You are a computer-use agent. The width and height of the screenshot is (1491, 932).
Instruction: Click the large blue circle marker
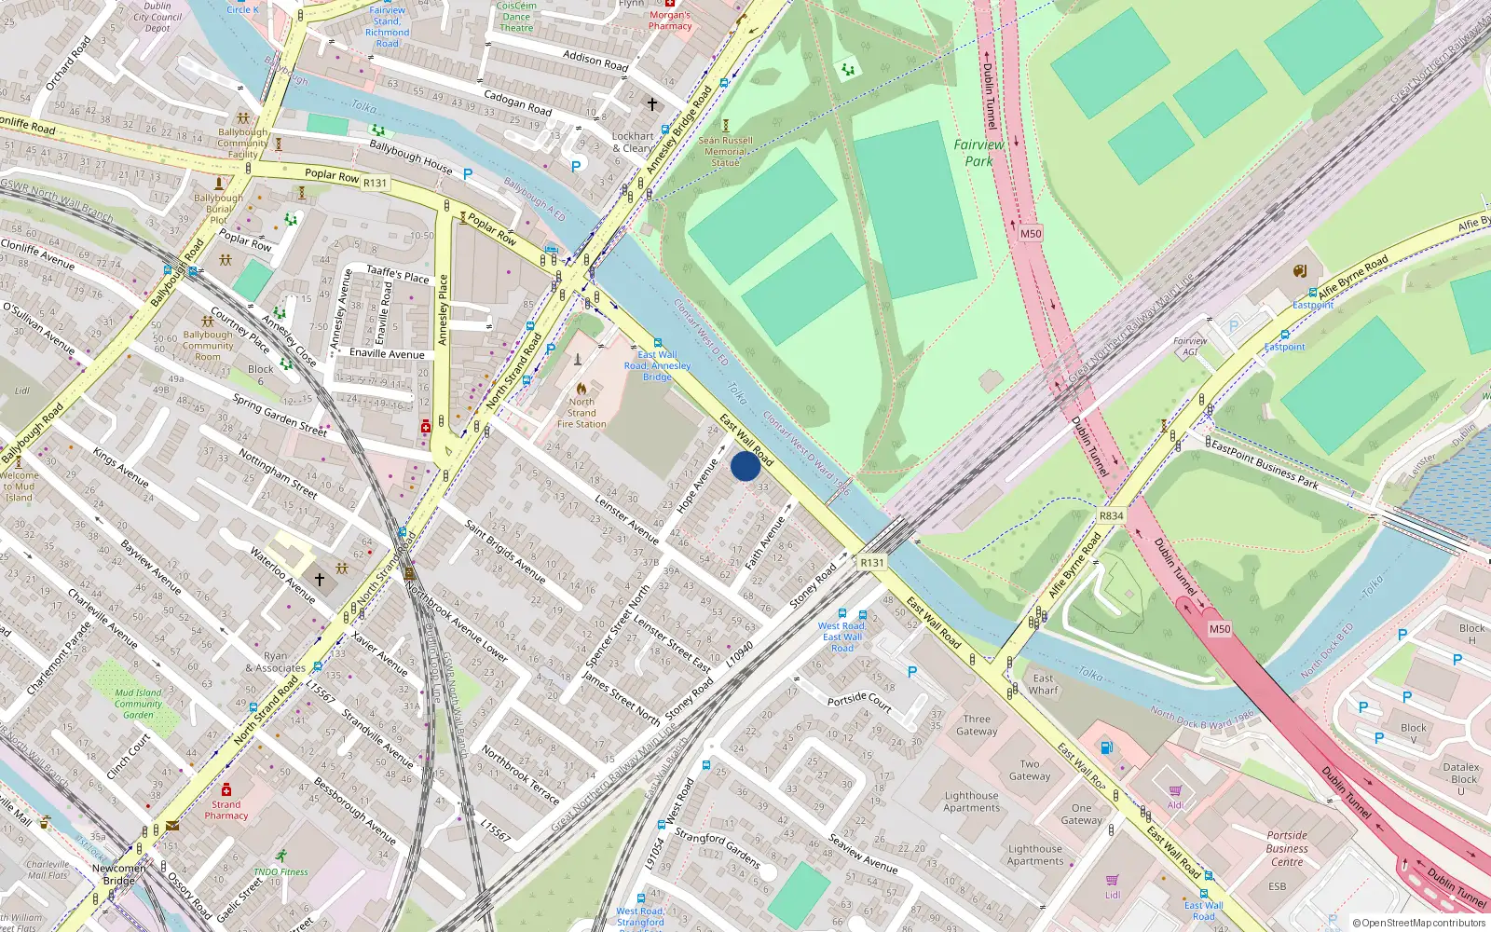click(x=745, y=466)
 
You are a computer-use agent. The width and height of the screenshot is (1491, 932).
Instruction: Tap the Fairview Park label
click(x=978, y=153)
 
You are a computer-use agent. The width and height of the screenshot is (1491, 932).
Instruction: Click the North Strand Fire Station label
click(x=581, y=413)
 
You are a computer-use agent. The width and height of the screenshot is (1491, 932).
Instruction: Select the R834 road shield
click(x=1111, y=515)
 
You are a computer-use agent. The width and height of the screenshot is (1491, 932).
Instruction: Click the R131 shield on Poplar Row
click(x=375, y=183)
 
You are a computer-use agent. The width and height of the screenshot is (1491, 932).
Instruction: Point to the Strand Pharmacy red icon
click(x=226, y=789)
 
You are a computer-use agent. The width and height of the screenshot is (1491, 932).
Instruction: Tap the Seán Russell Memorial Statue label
click(x=725, y=151)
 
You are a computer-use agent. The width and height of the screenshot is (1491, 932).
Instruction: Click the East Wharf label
click(x=1044, y=684)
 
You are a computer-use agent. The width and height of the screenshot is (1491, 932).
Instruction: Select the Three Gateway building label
click(x=977, y=725)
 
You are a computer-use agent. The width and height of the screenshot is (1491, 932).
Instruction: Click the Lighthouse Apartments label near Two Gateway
click(x=971, y=802)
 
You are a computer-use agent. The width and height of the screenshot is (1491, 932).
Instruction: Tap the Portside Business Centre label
click(x=1287, y=848)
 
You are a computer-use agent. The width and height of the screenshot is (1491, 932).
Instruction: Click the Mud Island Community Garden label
click(x=138, y=704)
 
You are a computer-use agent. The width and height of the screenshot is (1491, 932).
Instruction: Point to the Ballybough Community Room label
click(x=208, y=345)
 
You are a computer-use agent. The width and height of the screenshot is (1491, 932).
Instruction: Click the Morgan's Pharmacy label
click(x=670, y=21)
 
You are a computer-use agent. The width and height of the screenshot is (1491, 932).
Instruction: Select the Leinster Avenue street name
click(x=626, y=519)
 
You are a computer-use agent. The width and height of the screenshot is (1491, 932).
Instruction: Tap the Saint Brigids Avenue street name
click(x=504, y=551)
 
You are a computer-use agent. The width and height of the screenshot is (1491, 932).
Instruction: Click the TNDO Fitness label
click(x=280, y=872)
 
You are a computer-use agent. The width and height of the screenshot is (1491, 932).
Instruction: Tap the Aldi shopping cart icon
click(x=1176, y=790)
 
